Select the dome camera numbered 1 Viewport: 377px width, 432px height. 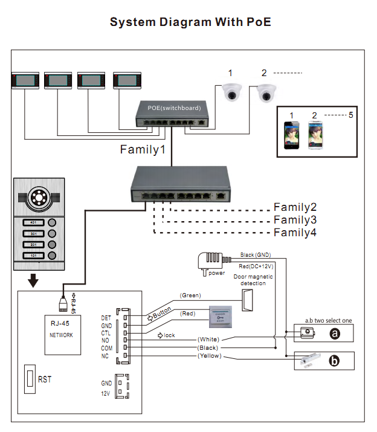230,92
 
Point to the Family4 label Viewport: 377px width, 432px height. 295,233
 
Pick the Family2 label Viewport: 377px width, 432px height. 295,207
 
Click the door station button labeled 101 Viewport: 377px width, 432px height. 34,256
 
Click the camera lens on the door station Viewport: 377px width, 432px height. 41,198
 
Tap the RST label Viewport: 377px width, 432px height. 45,379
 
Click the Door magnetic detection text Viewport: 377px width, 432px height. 253,280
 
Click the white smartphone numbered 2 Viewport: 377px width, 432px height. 314,136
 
